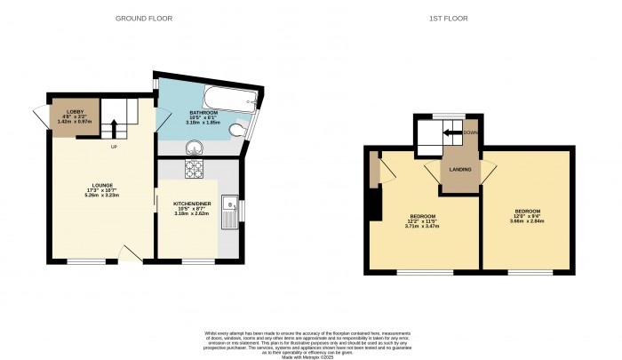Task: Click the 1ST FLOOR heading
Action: point(455,18)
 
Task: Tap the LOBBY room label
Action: point(75,113)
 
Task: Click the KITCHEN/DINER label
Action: point(189,204)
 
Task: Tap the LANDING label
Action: point(459,169)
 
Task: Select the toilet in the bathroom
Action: point(236,132)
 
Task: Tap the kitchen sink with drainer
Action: point(229,212)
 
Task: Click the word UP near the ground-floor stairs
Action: point(114,147)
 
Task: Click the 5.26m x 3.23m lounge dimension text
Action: point(100,196)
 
